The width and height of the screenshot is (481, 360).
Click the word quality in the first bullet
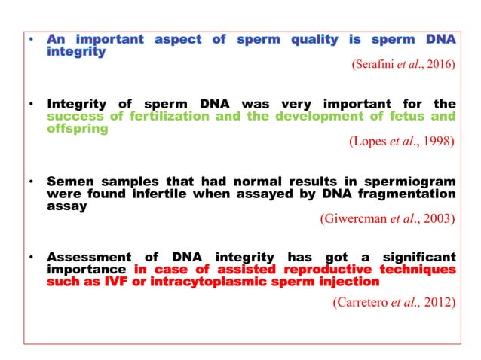click(315, 39)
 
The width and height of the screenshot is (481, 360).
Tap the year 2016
click(440, 65)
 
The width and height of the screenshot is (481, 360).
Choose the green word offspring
click(77, 129)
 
